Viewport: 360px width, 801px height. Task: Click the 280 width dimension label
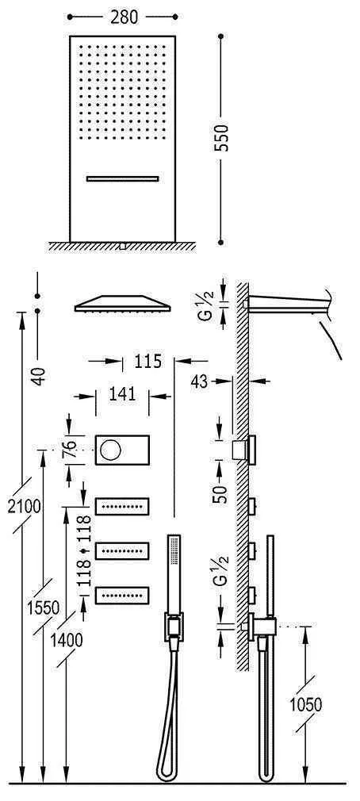pos(122,14)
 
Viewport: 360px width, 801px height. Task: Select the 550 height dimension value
pos(222,139)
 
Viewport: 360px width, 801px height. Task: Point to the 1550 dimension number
pos(44,609)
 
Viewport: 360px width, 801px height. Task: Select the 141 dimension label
pos(123,393)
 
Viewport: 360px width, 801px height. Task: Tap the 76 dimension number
pos(70,451)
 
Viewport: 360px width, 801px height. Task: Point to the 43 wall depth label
pos(200,381)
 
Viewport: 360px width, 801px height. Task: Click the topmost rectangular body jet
pos(123,504)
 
